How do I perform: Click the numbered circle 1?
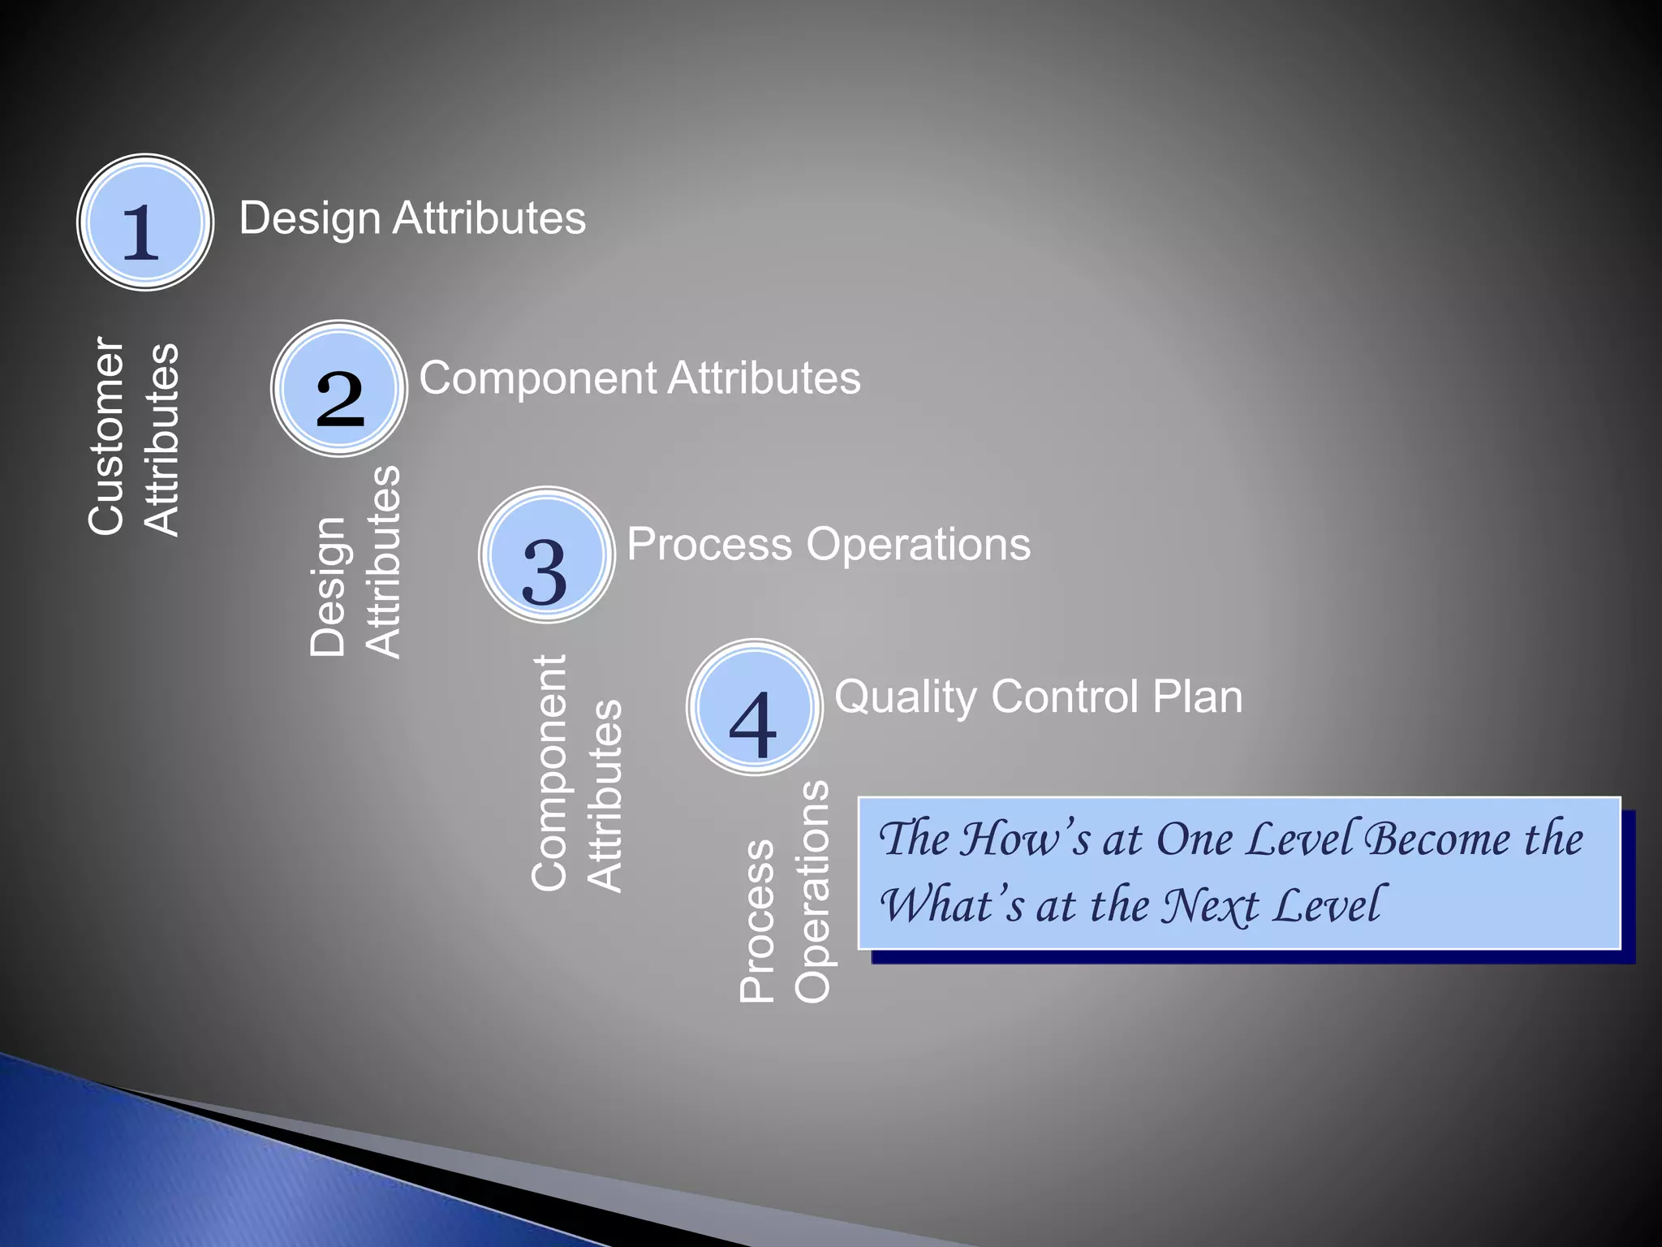click(x=145, y=222)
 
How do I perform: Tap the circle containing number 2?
click(x=339, y=389)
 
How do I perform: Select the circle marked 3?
click(x=547, y=555)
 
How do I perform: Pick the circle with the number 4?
click(x=755, y=707)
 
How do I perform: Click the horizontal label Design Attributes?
click(x=412, y=218)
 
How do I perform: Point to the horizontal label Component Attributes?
click(x=639, y=378)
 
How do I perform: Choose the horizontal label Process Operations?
click(x=828, y=544)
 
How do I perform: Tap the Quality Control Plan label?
click(x=1038, y=697)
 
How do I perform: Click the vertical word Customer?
click(x=107, y=436)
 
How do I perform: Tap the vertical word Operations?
click(x=812, y=891)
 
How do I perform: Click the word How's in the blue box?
click(x=1025, y=839)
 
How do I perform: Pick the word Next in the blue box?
click(x=1210, y=905)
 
